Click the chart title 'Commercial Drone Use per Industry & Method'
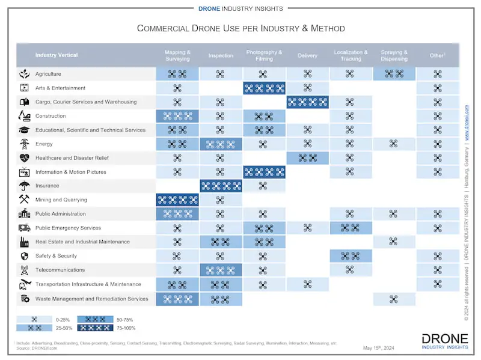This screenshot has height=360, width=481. (x=240, y=28)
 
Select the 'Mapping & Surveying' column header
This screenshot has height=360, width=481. (x=177, y=55)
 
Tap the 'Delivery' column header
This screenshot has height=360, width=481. (x=307, y=56)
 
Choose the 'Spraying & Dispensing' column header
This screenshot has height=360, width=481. (x=394, y=55)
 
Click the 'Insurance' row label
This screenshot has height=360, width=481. (x=47, y=186)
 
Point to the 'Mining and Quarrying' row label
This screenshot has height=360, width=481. (x=61, y=200)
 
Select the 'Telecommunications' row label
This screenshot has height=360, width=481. (x=60, y=270)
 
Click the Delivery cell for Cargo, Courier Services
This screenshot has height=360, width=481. (x=307, y=102)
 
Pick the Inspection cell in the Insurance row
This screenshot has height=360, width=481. (x=221, y=186)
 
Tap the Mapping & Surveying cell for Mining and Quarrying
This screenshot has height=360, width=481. (x=177, y=200)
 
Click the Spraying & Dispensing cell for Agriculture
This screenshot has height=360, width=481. (x=394, y=74)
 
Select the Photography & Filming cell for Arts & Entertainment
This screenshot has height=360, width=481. (x=264, y=88)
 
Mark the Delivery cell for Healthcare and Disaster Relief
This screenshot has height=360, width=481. (x=307, y=157)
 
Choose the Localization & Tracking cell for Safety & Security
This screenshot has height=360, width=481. (x=350, y=256)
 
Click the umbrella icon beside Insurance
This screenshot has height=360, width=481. (x=25, y=186)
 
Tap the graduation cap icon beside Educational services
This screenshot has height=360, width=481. (x=25, y=130)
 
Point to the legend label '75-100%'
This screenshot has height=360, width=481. (x=126, y=328)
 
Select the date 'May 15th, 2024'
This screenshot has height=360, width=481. (x=379, y=348)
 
